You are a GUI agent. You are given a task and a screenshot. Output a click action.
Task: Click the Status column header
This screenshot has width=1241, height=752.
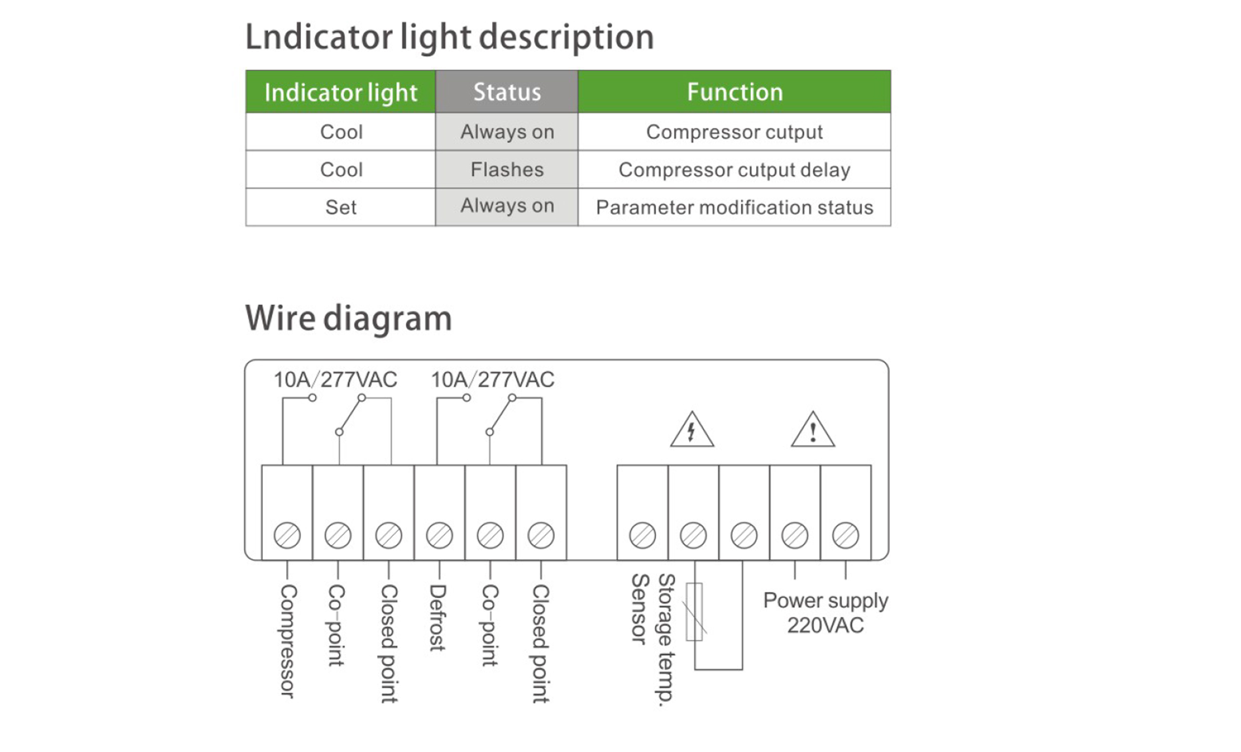tap(507, 92)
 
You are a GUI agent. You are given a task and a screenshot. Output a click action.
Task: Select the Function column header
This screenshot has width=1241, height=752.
tap(734, 92)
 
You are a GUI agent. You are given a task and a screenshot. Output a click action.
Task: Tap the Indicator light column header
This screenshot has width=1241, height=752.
tap(340, 92)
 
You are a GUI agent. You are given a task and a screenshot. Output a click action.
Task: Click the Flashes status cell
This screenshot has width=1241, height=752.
tap(507, 169)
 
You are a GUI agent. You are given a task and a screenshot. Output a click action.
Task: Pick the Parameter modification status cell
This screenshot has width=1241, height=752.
tap(734, 207)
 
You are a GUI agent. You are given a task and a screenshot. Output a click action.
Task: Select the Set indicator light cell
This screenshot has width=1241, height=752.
tap(340, 207)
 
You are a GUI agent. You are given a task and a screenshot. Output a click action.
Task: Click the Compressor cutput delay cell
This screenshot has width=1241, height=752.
tap(734, 169)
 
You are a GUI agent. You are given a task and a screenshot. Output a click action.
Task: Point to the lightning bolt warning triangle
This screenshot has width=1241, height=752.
tap(692, 431)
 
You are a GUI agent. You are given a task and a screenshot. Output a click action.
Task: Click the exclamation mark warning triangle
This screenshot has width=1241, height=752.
tap(813, 431)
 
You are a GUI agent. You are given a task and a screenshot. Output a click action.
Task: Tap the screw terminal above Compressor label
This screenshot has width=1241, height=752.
tap(287, 535)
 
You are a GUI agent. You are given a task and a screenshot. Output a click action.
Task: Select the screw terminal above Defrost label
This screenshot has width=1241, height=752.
tap(439, 535)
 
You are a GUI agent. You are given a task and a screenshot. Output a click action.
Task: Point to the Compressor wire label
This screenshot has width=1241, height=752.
tap(288, 641)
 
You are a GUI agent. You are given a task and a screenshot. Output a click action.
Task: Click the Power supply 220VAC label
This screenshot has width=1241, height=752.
tap(826, 612)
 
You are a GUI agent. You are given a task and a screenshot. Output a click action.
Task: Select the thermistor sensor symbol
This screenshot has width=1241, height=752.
tap(695, 612)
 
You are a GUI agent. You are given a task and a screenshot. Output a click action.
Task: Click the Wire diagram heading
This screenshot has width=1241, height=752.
tap(348, 318)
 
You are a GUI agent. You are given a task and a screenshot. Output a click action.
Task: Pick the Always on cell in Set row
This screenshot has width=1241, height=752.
tap(507, 206)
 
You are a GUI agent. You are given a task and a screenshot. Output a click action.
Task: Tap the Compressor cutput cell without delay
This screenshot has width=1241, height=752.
tap(734, 132)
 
